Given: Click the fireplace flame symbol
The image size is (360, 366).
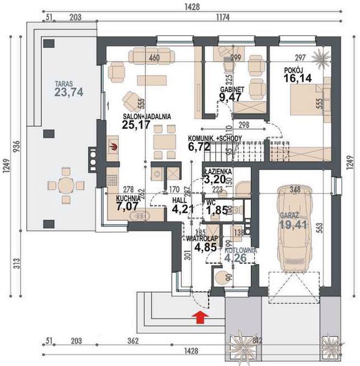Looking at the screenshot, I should click(113, 146).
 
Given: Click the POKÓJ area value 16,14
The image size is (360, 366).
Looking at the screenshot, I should click(297, 78).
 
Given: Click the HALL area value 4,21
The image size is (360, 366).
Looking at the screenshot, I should click(182, 210).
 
